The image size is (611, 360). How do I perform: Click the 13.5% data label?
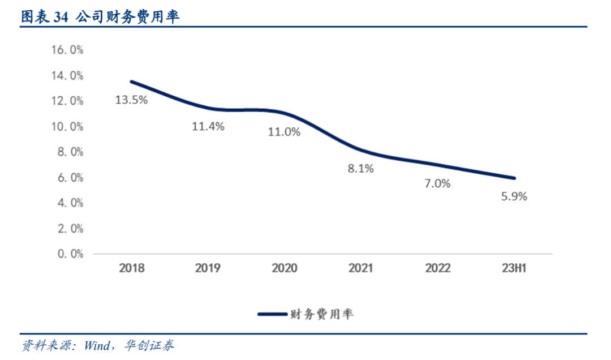click(131, 100)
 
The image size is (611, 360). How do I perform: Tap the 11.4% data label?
click(208, 126)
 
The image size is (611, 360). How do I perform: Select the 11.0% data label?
click(284, 132)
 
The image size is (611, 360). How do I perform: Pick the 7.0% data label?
click(437, 183)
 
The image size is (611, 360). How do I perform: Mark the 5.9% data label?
click(514, 197)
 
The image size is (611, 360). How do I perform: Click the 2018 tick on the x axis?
click(131, 268)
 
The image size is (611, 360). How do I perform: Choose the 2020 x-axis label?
click(284, 268)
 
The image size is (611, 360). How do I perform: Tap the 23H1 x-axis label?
click(514, 268)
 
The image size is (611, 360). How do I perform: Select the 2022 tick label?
click(437, 268)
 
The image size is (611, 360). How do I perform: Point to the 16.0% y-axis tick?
click(67, 50)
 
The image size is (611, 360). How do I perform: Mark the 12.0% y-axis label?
click(67, 101)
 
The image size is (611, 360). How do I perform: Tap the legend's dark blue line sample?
click(273, 314)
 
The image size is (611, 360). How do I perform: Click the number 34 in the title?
click(61, 18)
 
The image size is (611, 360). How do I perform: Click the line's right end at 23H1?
click(514, 178)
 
